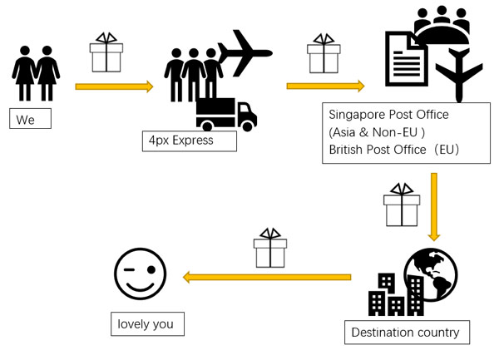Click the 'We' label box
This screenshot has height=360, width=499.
click(x=30, y=119)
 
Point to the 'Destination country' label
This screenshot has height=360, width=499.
click(x=407, y=333)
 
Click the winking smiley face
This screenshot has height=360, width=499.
click(x=140, y=274)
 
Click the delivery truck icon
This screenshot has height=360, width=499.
click(x=226, y=115)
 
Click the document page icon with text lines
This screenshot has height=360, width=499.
click(x=406, y=59)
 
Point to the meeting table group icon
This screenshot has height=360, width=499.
click(x=442, y=25)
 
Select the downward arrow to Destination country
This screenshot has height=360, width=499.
click(x=434, y=207)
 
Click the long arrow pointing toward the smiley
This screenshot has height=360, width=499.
click(x=267, y=278)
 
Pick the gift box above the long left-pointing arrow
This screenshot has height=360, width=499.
click(x=270, y=248)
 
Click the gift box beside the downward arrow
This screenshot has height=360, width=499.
click(x=402, y=205)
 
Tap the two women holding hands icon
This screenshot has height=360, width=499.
click(x=36, y=73)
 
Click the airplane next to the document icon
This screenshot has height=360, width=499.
click(x=459, y=75)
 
